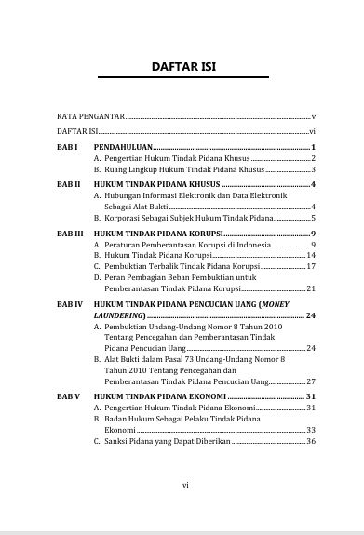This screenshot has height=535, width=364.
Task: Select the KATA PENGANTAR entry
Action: [x=89, y=117]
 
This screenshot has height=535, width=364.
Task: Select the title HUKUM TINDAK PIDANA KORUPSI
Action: [x=157, y=233]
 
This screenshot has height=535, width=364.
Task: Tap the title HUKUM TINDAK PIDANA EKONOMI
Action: [x=159, y=396]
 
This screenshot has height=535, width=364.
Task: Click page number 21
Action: [x=312, y=288]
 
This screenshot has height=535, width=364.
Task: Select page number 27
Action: [x=312, y=381]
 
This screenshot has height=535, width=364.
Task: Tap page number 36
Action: [x=312, y=441]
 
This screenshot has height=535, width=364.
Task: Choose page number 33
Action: [x=312, y=430]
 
